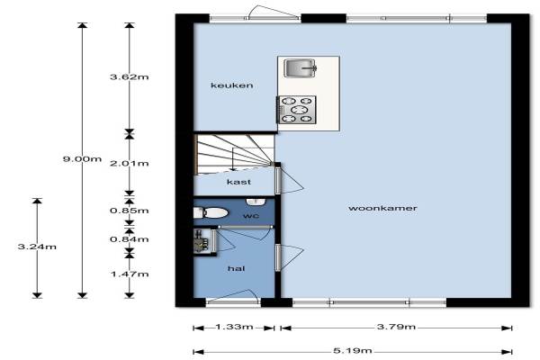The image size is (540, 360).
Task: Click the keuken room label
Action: (232, 85)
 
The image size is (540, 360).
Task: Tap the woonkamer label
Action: (382, 208)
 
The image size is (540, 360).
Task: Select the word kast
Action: (238, 182)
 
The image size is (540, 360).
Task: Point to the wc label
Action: (251, 216)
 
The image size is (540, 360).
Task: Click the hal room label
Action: (236, 268)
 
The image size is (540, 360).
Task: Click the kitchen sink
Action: (300, 67)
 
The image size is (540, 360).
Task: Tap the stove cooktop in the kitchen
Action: (296, 110)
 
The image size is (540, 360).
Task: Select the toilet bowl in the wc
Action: (211, 212)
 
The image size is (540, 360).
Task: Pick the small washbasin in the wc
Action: (256, 202)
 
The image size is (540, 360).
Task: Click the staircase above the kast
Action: (235, 153)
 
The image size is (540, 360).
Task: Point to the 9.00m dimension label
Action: (82, 158)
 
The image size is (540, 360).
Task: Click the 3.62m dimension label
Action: (130, 76)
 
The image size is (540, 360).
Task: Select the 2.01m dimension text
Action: (130, 163)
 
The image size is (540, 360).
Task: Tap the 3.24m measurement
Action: (37, 247)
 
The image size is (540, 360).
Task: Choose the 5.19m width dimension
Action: (353, 351)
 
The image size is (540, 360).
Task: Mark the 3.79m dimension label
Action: (396, 327)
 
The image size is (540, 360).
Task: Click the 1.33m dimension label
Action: (235, 327)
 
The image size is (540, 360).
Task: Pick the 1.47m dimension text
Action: (130, 274)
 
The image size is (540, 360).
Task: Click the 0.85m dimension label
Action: (130, 211)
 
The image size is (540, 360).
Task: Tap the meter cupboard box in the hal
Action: (205, 241)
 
